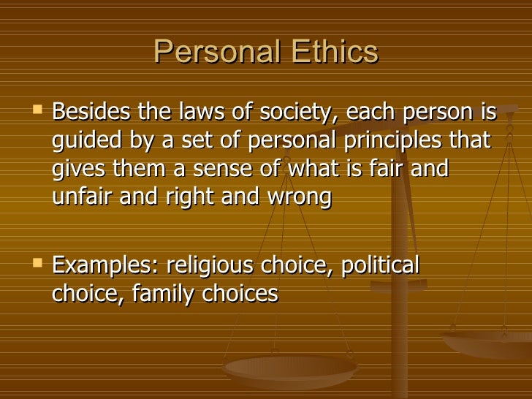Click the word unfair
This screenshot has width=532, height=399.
pyautogui.click(x=79, y=196)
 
